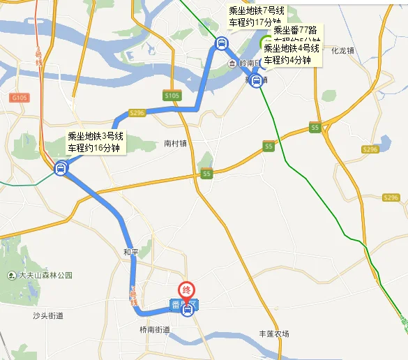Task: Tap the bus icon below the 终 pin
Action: click(187, 310)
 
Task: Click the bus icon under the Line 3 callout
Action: click(61, 167)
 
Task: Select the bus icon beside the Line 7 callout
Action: click(221, 44)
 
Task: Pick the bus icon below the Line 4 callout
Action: click(257, 80)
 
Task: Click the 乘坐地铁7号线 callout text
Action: click(256, 10)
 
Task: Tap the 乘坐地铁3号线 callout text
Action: click(96, 136)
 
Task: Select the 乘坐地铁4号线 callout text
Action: click(292, 49)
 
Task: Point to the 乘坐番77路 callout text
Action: click(296, 31)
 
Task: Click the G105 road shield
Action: click(19, 98)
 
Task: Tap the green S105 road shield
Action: click(172, 95)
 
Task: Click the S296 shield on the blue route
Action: click(137, 112)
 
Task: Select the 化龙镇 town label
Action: click(344, 50)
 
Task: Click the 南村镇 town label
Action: click(176, 144)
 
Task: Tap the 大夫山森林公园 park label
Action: click(46, 276)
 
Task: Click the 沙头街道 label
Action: click(48, 316)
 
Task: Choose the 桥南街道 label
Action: click(154, 329)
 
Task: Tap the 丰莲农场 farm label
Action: click(274, 334)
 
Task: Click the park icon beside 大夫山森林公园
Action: click(12, 276)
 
